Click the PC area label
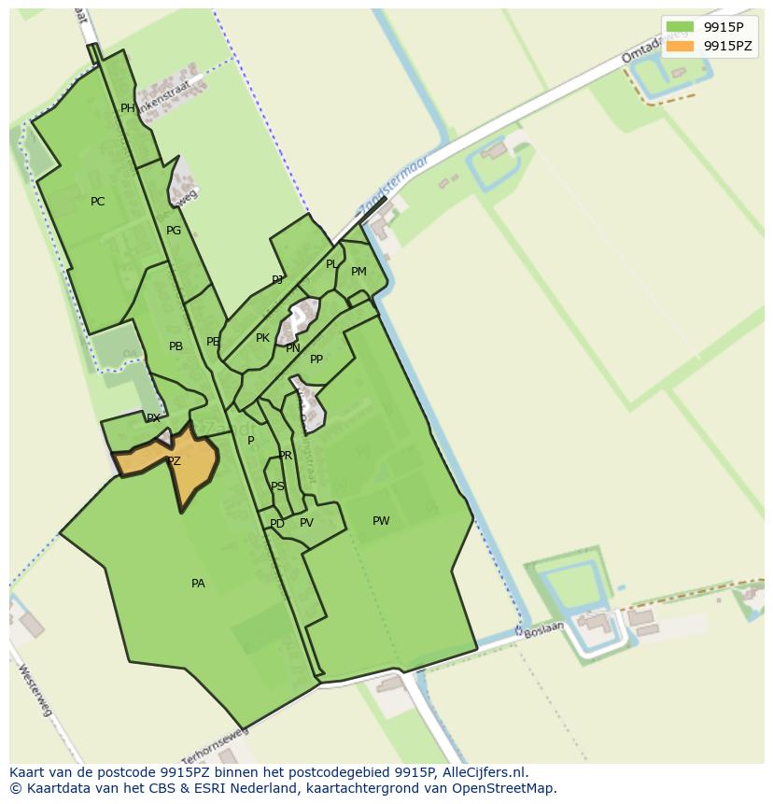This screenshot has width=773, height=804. click(97, 202)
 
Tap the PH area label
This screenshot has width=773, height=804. click(128, 108)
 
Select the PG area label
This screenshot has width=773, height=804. click(174, 231)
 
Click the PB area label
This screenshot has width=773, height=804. click(176, 346)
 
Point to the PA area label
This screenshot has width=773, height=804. click(198, 584)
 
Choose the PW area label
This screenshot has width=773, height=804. click(381, 521)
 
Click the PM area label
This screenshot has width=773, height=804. click(358, 272)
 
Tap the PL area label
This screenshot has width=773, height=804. click(331, 264)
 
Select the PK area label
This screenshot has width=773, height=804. click(262, 338)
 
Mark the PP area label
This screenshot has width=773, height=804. click(316, 360)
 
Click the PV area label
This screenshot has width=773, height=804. click(306, 523)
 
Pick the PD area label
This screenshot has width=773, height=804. click(276, 524)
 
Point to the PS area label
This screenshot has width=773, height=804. click(277, 487)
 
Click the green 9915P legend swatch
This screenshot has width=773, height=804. click(680, 27)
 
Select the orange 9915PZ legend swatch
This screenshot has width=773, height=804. click(680, 46)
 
